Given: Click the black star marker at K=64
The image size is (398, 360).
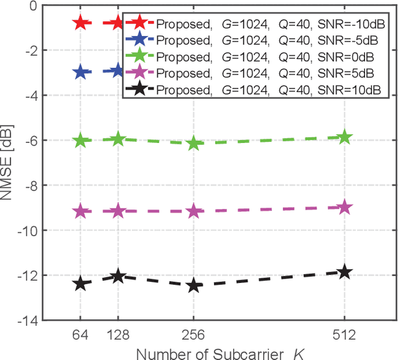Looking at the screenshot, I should point(80,284).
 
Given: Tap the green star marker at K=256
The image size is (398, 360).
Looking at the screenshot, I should point(193,143).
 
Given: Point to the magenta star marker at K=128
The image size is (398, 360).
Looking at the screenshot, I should point(118,211).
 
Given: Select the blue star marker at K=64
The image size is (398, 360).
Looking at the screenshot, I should point(80,72).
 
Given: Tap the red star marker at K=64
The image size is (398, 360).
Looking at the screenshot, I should point(80,23).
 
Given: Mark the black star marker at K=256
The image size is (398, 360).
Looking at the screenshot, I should point(193,285).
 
